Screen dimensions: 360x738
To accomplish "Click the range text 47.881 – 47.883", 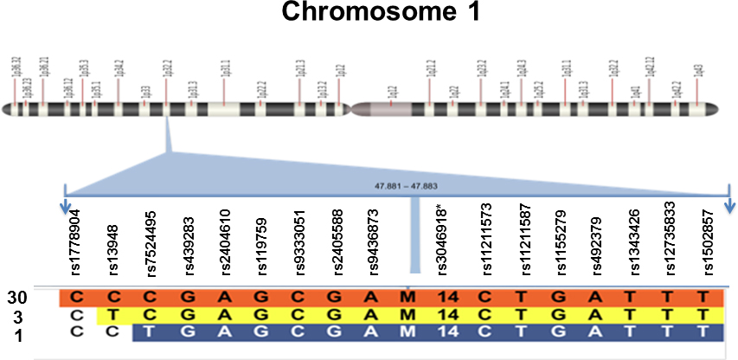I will (397, 186).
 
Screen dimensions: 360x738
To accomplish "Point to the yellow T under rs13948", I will (112, 314).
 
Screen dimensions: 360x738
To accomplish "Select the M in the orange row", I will (408, 298).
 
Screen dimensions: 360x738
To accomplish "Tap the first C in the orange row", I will (76, 298).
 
